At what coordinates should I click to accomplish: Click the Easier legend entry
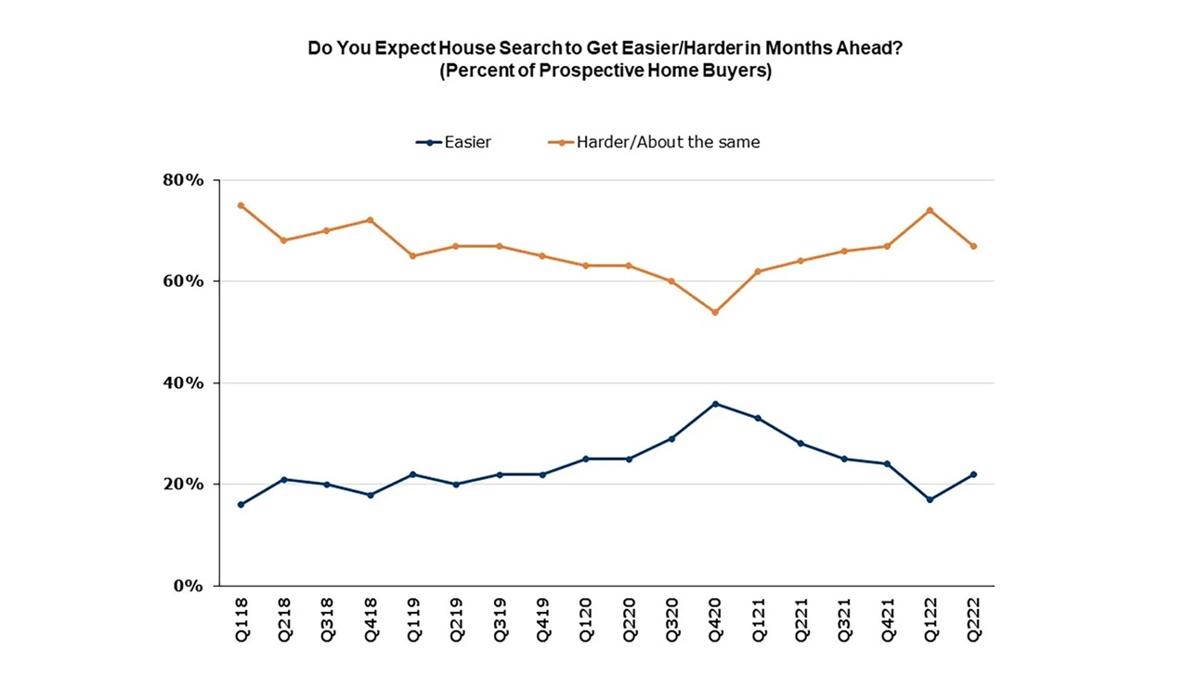coord(454,142)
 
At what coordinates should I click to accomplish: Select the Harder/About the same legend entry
coord(656,142)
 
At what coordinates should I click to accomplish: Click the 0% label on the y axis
coord(188,586)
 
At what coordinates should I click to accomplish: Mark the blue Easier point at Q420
coord(715,404)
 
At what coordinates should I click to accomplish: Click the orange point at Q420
coord(715,312)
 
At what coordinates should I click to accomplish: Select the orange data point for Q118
coord(241,205)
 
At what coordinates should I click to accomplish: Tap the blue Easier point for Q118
coord(241,505)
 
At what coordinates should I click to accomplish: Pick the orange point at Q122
coord(931,211)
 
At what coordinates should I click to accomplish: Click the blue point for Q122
coord(931,499)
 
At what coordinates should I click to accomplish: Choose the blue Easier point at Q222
coord(974,474)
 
